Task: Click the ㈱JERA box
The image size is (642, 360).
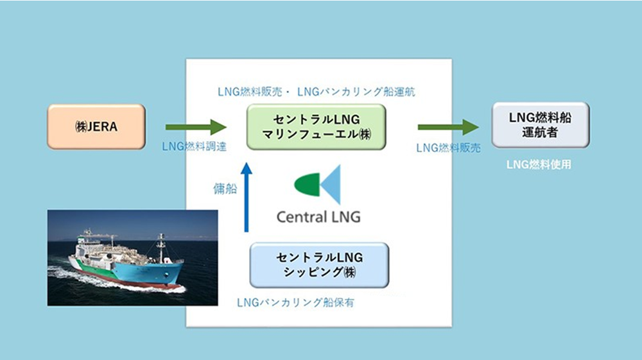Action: pos(96,126)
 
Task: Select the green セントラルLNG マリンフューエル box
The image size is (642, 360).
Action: pos(316,126)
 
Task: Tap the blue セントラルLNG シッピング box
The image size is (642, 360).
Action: pos(319,264)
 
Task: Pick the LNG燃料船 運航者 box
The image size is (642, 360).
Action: pos(541,124)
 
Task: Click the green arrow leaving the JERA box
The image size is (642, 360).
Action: pos(196,127)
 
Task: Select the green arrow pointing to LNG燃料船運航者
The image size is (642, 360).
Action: pos(448,127)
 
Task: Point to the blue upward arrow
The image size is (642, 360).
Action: pos(246,197)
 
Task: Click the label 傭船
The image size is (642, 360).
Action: pos(225,188)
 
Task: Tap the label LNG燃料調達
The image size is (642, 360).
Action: pos(195,146)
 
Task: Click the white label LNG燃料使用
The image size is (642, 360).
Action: pos(539,164)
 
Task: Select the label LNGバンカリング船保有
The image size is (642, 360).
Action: pos(295,303)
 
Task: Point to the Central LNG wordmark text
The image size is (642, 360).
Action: pos(318,217)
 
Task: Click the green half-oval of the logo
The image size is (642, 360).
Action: pos(307,185)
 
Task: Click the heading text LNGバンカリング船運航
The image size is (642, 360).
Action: pos(356,92)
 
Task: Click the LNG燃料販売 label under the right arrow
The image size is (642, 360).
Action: pos(448,148)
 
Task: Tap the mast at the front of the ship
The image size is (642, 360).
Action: pos(161,248)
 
